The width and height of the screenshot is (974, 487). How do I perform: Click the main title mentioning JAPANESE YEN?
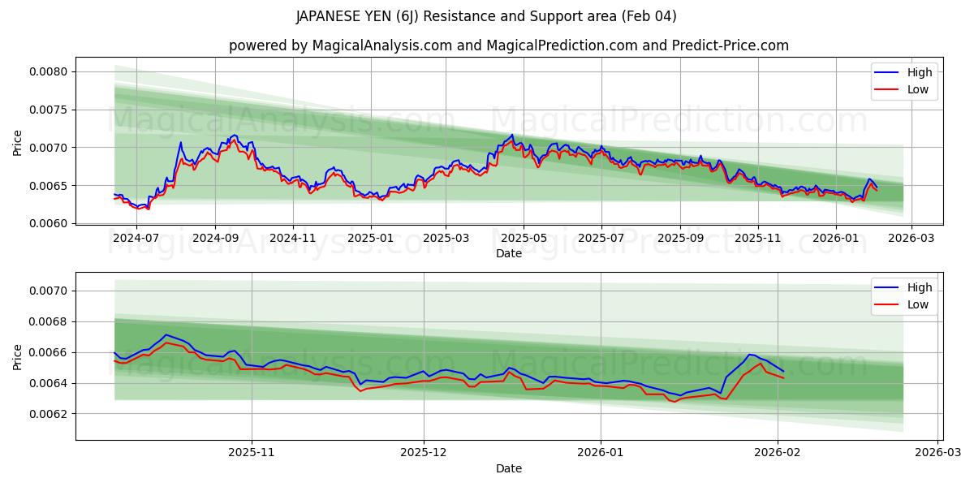(486, 16)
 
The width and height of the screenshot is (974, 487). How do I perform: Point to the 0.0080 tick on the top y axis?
(49, 71)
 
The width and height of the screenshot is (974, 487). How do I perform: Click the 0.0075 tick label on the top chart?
(49, 110)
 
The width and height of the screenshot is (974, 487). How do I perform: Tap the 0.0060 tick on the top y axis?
(49, 223)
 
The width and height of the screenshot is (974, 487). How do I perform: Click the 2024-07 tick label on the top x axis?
(136, 239)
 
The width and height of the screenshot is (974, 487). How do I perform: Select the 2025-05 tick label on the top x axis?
(524, 239)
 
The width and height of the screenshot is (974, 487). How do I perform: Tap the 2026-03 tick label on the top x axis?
(912, 239)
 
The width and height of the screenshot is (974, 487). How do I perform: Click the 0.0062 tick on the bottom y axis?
(49, 414)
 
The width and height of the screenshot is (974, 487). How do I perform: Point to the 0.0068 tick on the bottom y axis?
(49, 321)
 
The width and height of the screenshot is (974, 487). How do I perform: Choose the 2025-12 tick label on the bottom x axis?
(425, 454)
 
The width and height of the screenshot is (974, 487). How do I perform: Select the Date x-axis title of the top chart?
(509, 253)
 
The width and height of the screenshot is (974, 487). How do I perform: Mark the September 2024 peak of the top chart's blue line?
(235, 135)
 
